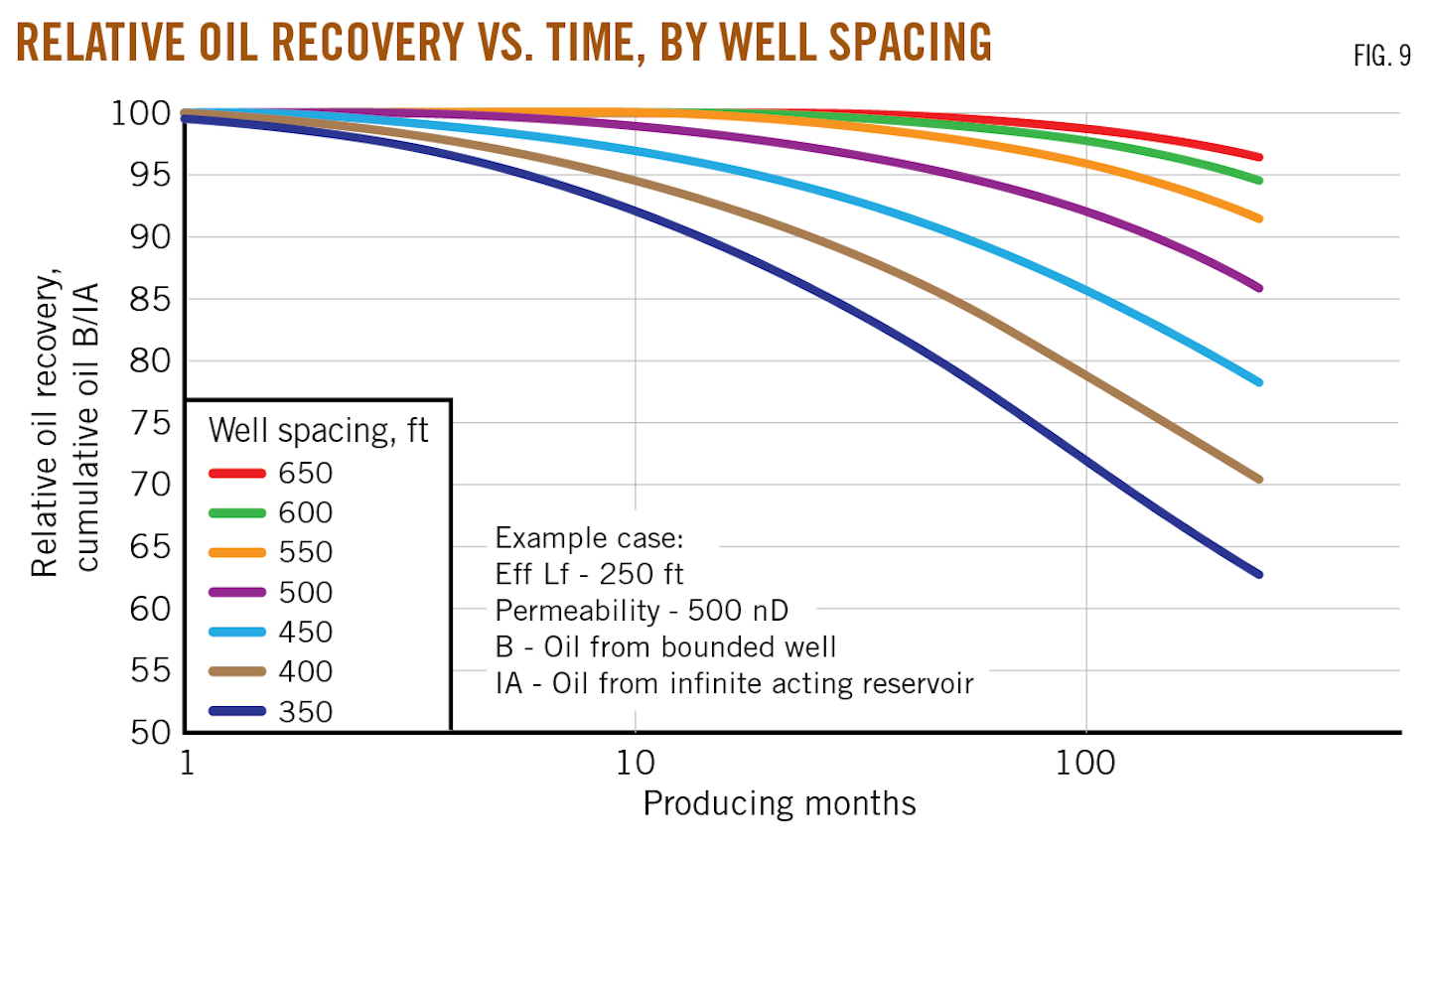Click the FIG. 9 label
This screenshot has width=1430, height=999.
[1381, 57]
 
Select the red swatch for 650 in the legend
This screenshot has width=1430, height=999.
[237, 474]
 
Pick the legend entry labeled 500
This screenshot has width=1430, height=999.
[305, 593]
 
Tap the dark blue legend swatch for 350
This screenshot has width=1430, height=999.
[237, 711]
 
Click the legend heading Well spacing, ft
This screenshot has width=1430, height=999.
[318, 431]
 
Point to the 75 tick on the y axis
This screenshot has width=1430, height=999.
[151, 423]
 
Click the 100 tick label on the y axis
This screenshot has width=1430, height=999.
[141, 113]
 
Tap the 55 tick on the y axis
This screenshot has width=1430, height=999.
[151, 670]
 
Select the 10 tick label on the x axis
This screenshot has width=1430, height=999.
[636, 763]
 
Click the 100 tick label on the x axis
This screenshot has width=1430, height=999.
[1085, 763]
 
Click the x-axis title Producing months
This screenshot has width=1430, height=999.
[779, 803]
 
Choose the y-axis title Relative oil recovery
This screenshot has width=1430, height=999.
[46, 423]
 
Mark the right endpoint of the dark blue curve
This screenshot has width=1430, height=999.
[1259, 574]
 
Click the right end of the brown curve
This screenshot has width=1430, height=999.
[1259, 480]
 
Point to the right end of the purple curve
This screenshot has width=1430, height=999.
[1259, 288]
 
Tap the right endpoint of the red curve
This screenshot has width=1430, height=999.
[1259, 157]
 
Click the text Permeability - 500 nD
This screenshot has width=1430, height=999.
[642, 611]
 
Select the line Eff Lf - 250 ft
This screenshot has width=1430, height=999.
[589, 574]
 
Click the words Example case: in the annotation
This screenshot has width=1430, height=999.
[589, 538]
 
